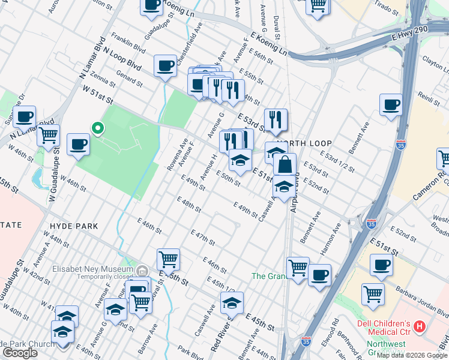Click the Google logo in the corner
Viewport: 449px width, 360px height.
pos(20,353)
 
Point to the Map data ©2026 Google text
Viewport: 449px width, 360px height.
pos(411,355)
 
